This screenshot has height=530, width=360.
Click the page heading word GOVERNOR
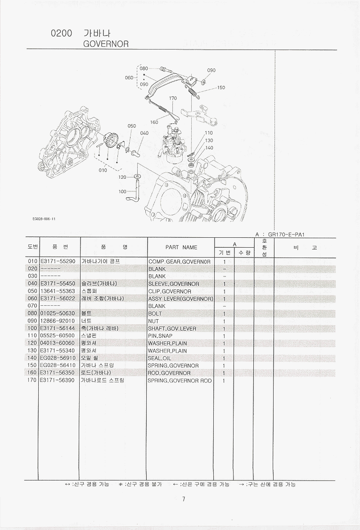tap(106, 44)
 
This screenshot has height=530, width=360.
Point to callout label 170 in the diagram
tap(173, 98)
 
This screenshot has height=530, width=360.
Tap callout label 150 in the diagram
tap(220, 88)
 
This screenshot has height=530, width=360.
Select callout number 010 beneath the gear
tap(103, 170)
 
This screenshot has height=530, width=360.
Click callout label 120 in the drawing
tap(122, 177)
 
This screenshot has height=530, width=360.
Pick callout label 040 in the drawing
tap(144, 133)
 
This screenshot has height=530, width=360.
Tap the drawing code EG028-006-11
tap(44, 219)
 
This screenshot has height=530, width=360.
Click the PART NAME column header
tap(181, 247)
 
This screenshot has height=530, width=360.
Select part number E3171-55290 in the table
tap(58, 261)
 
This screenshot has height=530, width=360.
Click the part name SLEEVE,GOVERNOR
tap(173, 284)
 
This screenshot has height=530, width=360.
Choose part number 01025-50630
tap(58, 313)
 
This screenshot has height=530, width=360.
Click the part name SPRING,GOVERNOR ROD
tap(180, 381)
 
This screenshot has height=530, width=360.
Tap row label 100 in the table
tap(32, 328)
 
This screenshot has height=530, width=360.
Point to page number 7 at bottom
tap(184, 499)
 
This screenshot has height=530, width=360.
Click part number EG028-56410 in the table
tap(58, 366)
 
